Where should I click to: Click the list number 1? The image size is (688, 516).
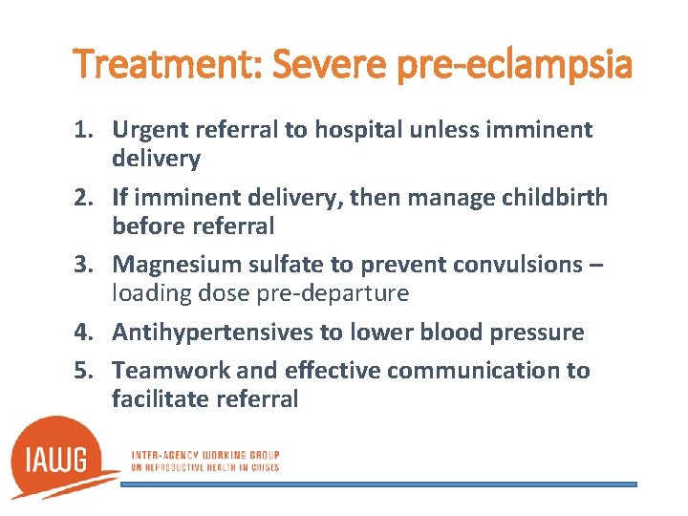(84, 129)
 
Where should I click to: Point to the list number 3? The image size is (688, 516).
(84, 265)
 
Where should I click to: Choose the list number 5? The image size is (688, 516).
(84, 371)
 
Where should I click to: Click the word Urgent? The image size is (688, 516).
(146, 129)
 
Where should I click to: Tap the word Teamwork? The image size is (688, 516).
(161, 371)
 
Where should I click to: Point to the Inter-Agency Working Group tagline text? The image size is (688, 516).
(205, 461)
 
